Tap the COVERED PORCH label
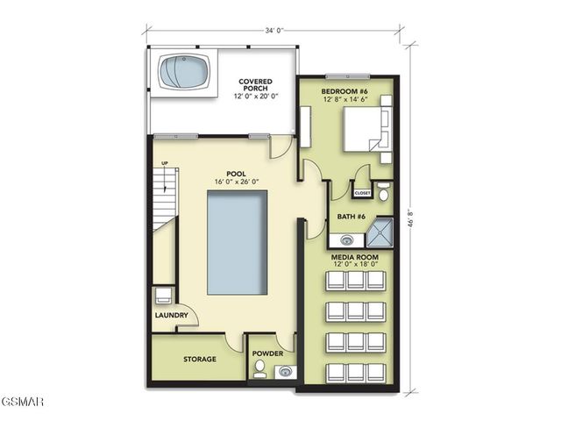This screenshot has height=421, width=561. tap(255, 86)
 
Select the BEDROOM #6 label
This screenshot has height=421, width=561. tap(344, 90)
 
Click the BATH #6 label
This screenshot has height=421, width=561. tap(351, 216)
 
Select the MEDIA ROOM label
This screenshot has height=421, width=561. tap(355, 256)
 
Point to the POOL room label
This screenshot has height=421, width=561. tap(236, 174)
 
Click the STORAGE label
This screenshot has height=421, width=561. tap(200, 359)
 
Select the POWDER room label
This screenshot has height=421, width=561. tap(269, 354)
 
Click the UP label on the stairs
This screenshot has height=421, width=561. tap(164, 163)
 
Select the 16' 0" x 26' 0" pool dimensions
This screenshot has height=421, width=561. tap(236, 182)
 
